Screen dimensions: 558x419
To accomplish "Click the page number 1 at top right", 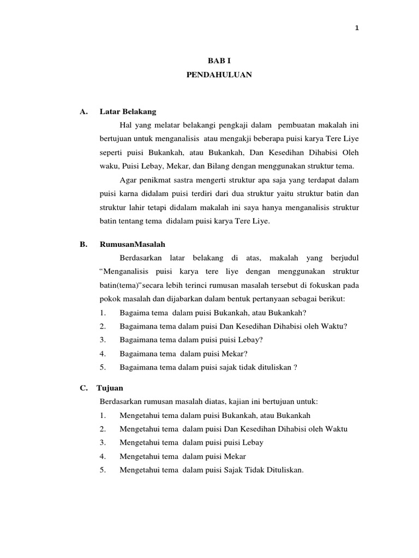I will coord(357,29).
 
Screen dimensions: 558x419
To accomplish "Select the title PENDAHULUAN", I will coord(219,76).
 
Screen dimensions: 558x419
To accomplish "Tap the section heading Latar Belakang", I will coord(128,112).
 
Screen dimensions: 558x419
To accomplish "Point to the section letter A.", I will coord(83,112).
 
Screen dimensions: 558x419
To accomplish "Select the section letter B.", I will coord(83,245).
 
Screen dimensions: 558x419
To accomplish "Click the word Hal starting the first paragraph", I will coord(125,126).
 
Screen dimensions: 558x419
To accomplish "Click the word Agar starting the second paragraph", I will coord(127,179).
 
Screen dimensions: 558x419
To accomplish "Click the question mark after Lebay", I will coord(261,339).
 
